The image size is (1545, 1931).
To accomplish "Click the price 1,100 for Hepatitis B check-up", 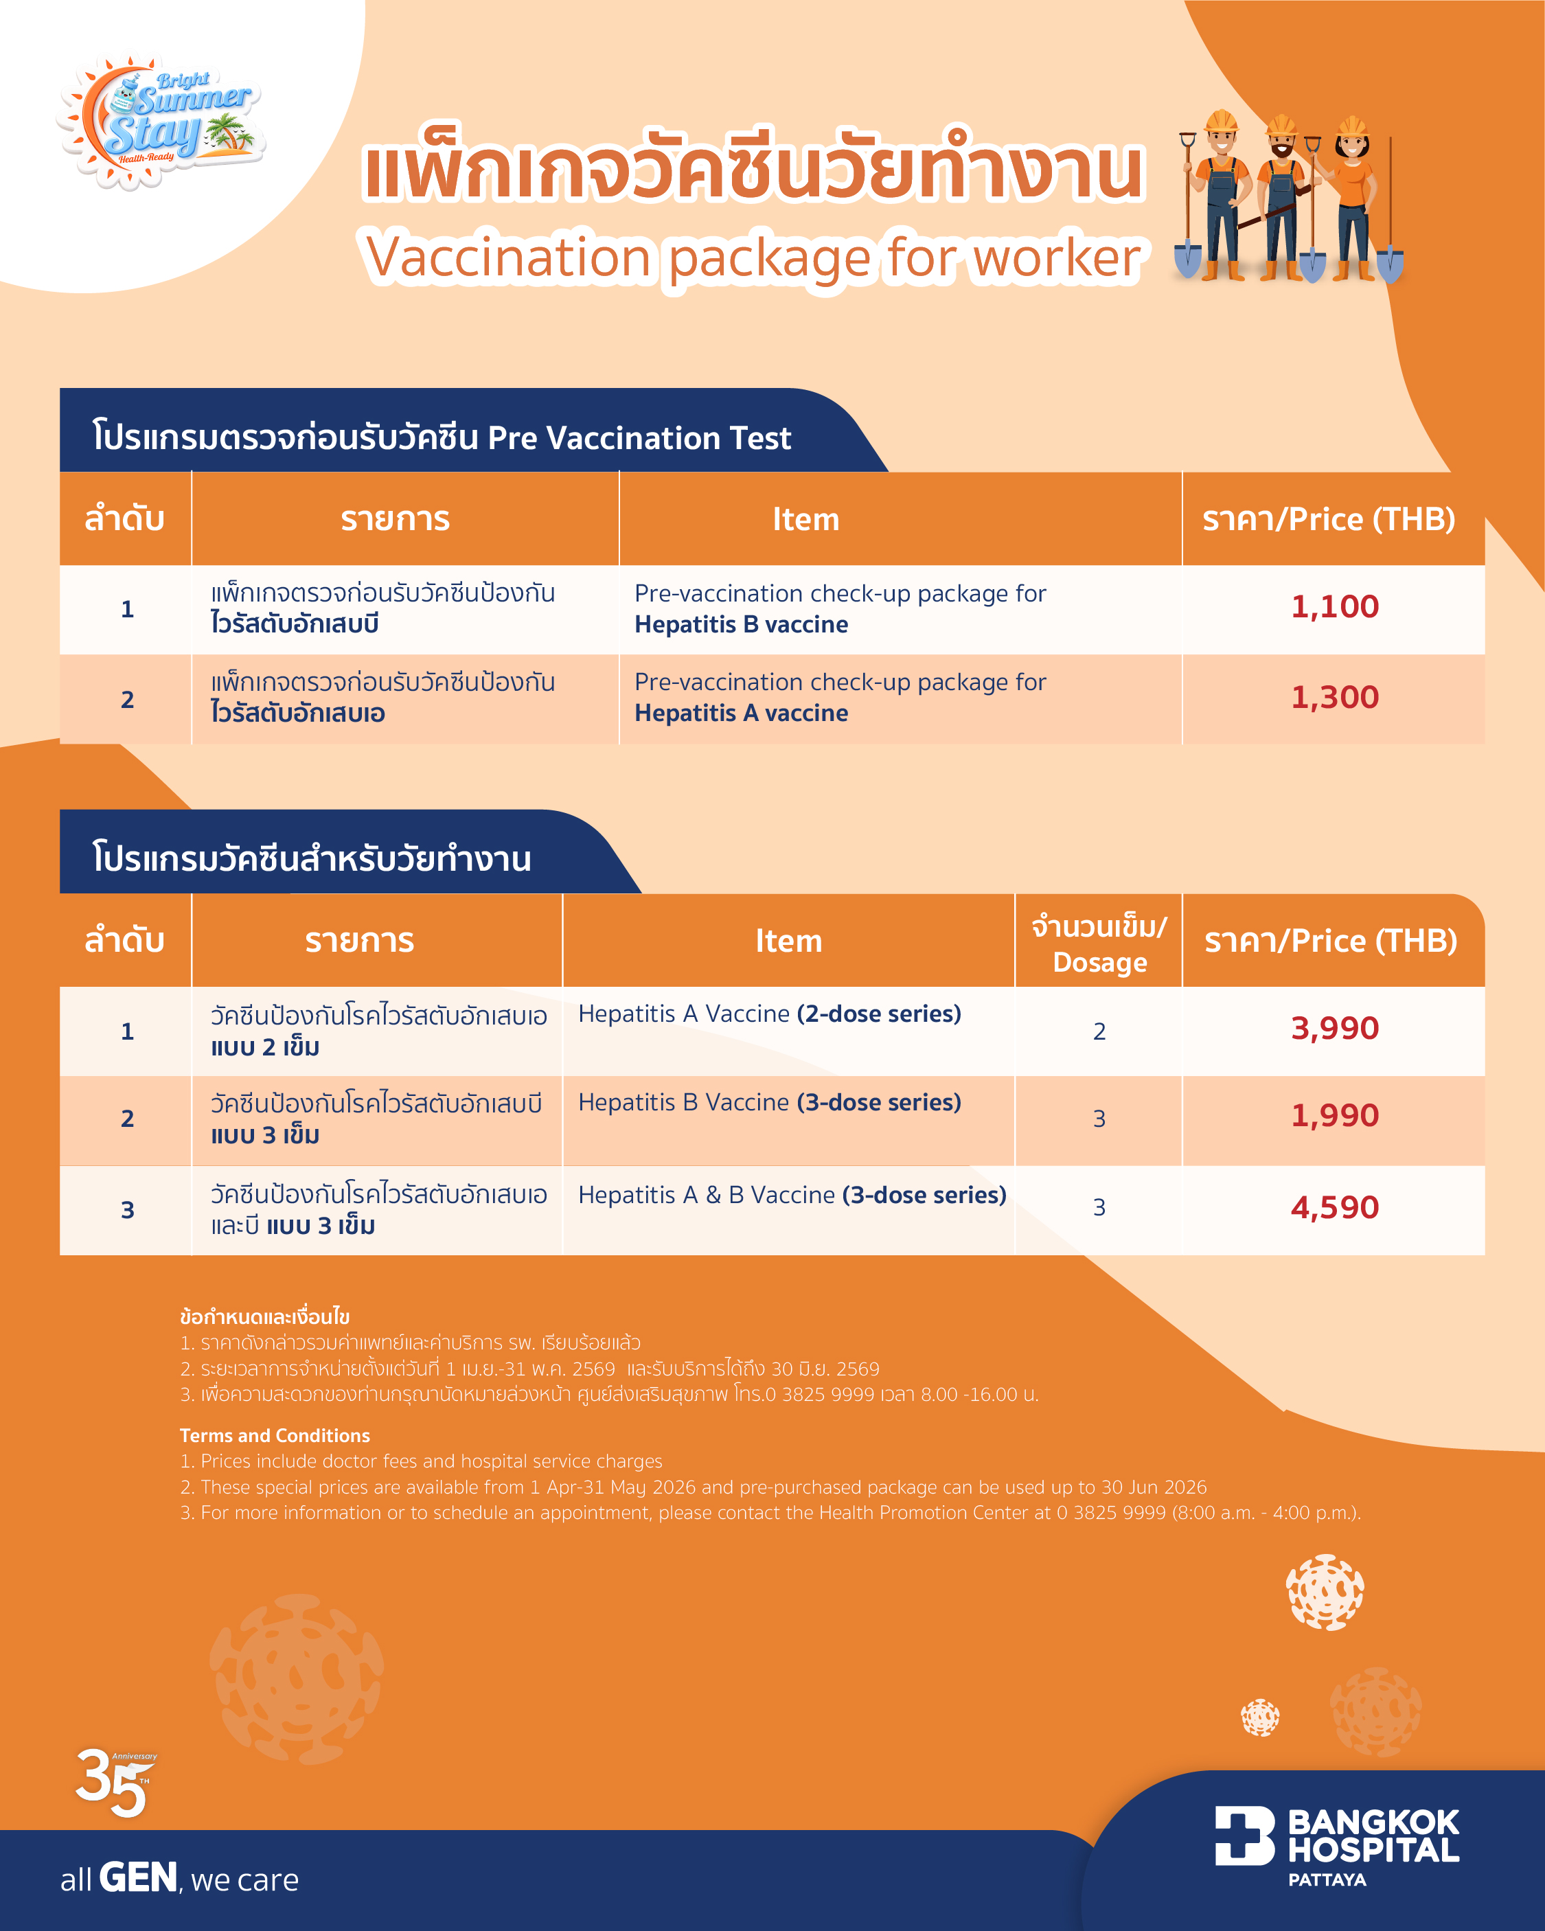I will (1334, 607).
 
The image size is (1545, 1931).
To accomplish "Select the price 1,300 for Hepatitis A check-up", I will (1334, 698).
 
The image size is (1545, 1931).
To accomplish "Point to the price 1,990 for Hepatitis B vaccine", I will (1334, 1116).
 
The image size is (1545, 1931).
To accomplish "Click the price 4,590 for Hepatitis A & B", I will (1334, 1208).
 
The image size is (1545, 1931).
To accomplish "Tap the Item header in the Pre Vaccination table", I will (805, 519).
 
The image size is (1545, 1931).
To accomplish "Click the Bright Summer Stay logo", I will (161, 121).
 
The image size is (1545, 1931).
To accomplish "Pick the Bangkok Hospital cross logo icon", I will (1244, 1835).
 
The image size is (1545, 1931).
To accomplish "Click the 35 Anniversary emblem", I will (115, 1782).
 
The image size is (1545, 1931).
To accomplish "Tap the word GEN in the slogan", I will (138, 1877).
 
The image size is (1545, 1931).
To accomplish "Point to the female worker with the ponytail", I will (1351, 197).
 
